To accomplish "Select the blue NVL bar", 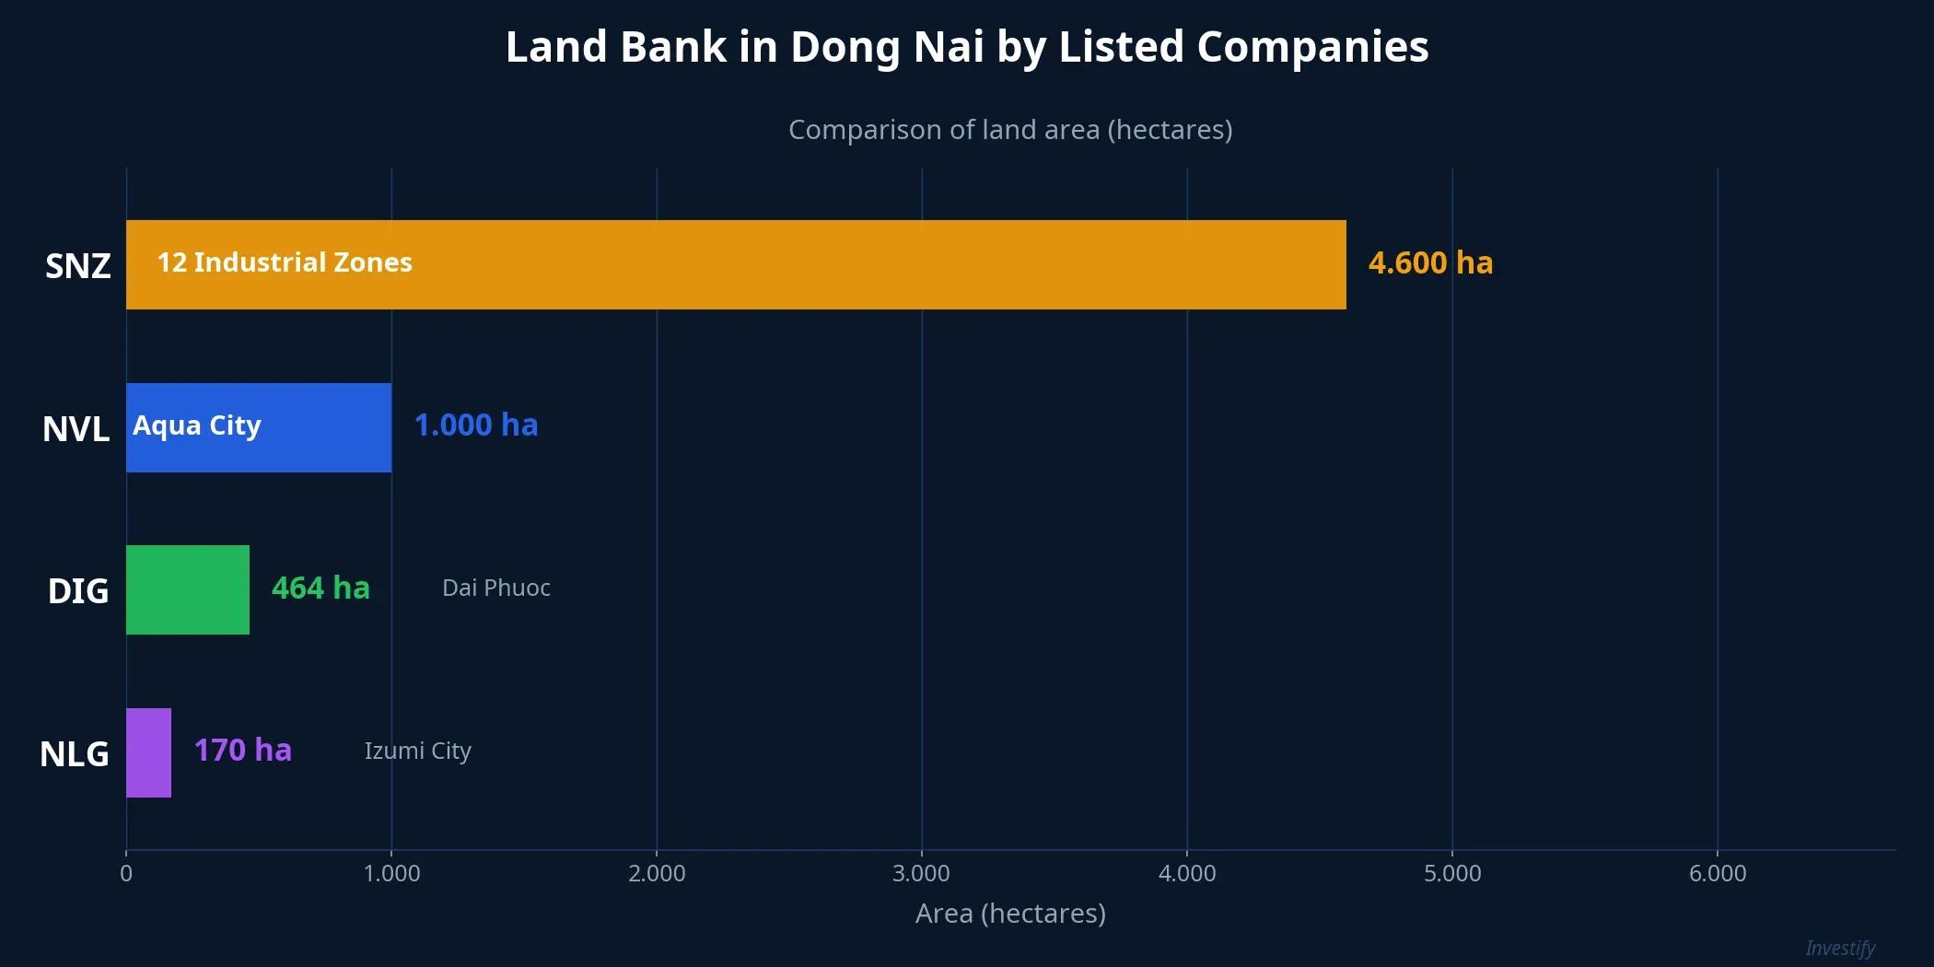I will coord(259,427).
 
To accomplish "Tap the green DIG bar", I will coord(188,589).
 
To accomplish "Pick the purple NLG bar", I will coord(148,752).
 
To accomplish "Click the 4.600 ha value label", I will coord(1430,263).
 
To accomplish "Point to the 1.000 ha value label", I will coord(476,425).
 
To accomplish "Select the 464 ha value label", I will coord(320,588).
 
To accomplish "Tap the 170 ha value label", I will coord(243,751).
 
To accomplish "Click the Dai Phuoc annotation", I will coord(496,588).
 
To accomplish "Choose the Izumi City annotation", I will coord(418,751).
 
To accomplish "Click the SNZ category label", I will coord(78,266).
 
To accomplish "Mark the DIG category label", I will coord(78,591).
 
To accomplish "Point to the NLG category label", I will coord(75,754).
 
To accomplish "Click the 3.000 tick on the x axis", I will coord(921,873).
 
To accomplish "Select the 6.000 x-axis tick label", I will coord(1718,873).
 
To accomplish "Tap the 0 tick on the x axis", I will coord(126,873).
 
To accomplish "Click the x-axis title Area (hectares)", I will coord(1010,914).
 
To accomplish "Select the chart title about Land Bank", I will coord(967,47).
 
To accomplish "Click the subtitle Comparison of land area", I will coord(1010,130).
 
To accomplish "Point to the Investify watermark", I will coord(1840,948).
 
